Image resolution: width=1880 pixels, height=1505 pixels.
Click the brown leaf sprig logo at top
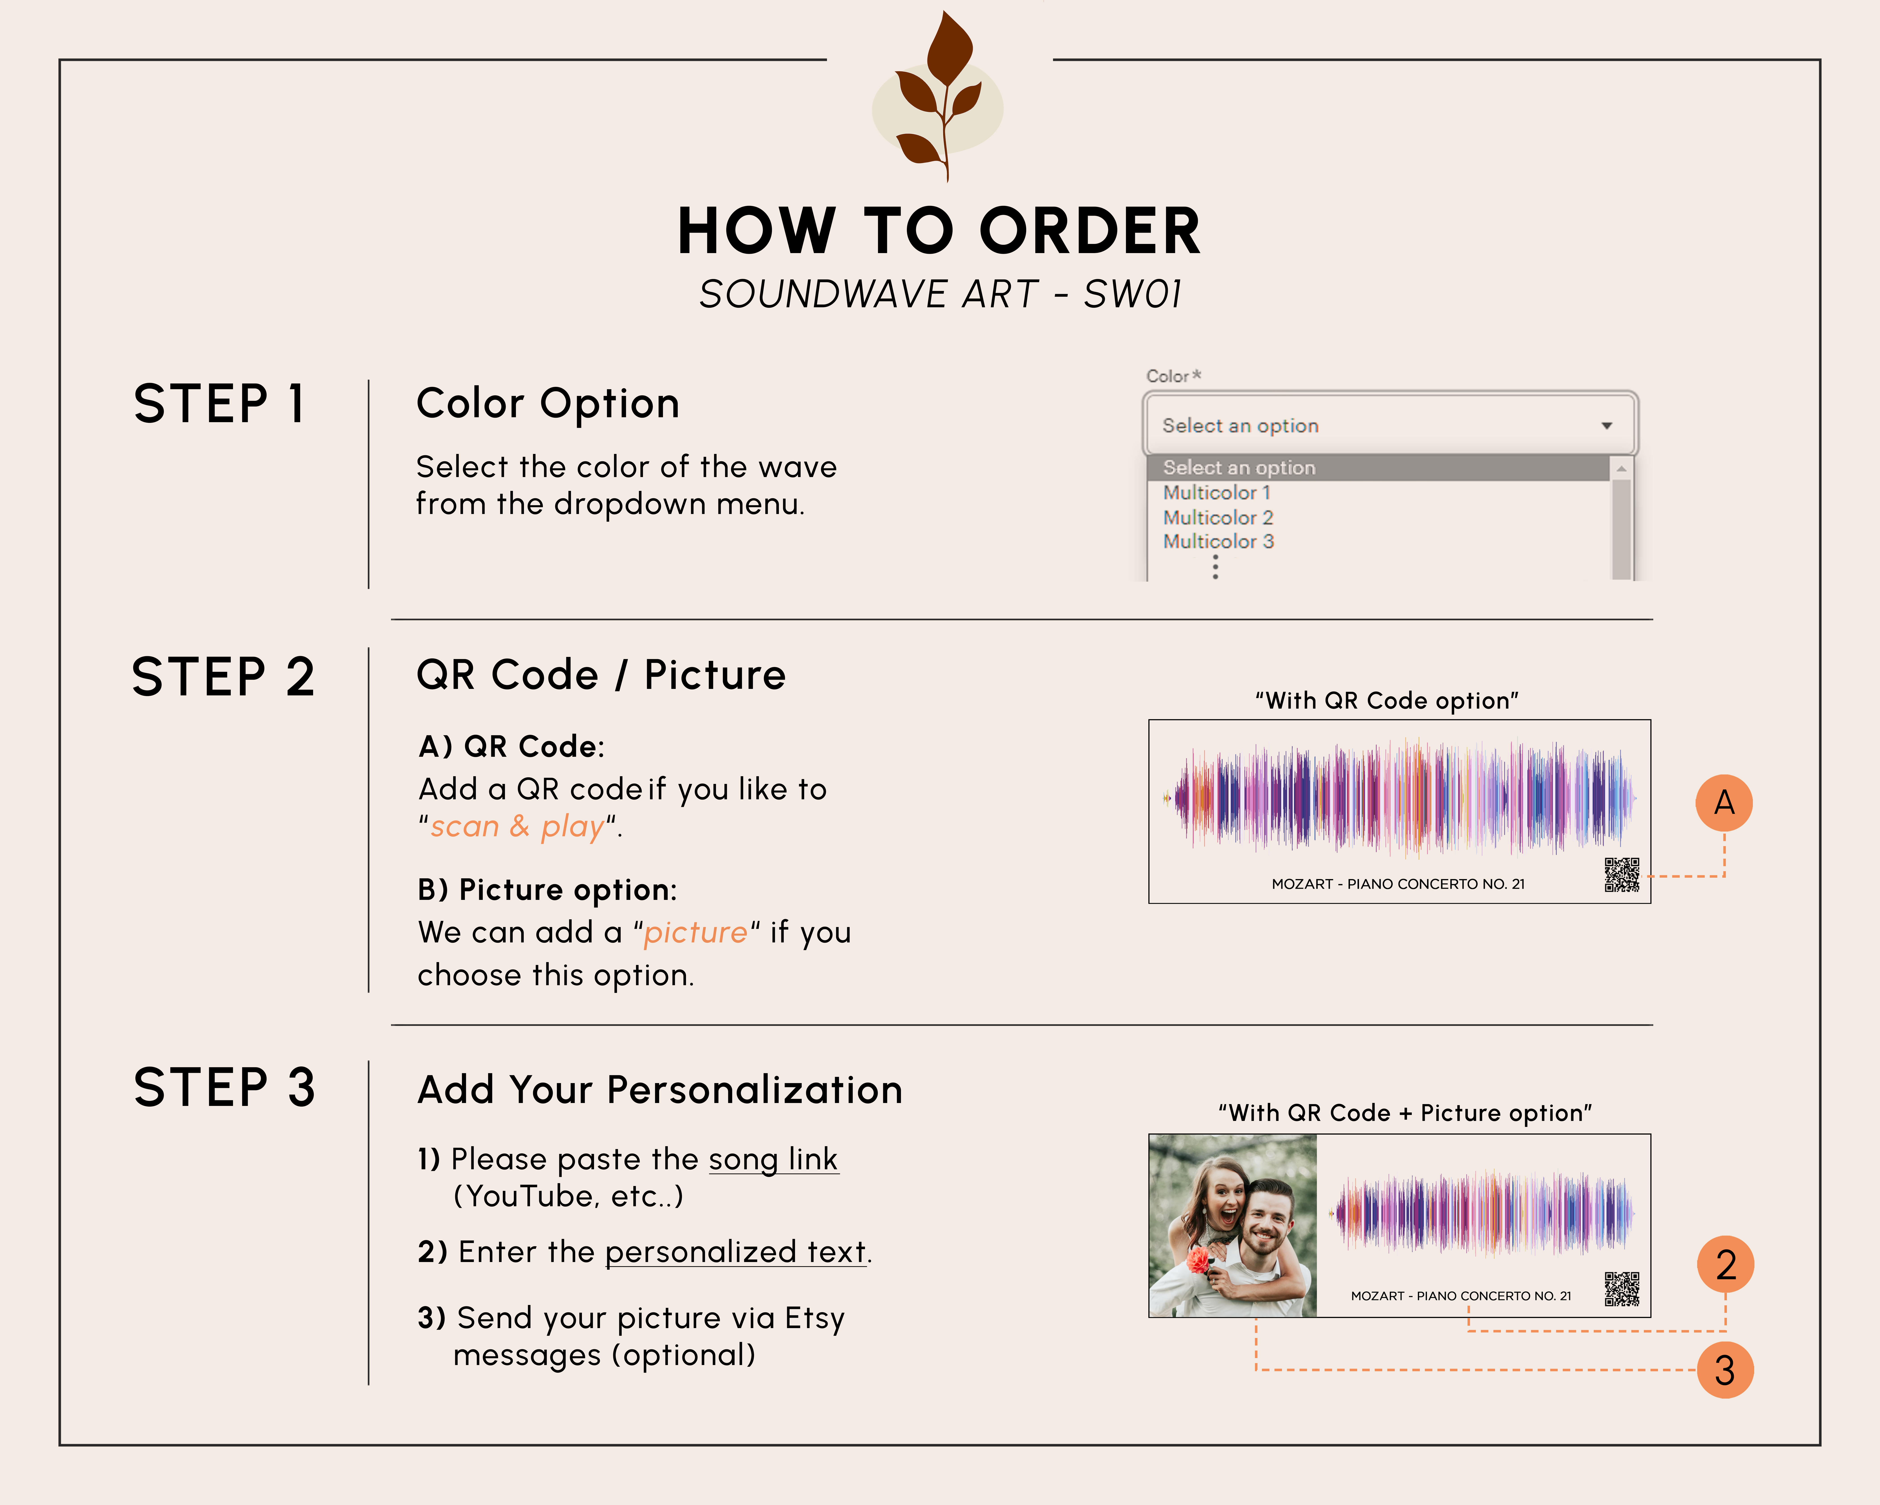(940, 96)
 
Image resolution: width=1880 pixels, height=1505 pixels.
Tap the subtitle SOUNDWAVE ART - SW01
(940, 294)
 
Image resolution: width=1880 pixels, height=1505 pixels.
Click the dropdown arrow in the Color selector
(1606, 426)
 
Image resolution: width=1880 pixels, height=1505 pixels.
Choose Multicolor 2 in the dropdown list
(1218, 517)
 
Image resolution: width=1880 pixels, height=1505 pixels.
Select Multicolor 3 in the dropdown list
(1218, 542)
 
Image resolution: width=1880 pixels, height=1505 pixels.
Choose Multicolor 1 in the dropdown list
(1216, 493)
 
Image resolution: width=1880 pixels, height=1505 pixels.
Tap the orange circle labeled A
(1724, 803)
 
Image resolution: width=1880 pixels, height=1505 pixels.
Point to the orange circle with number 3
(1725, 1370)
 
